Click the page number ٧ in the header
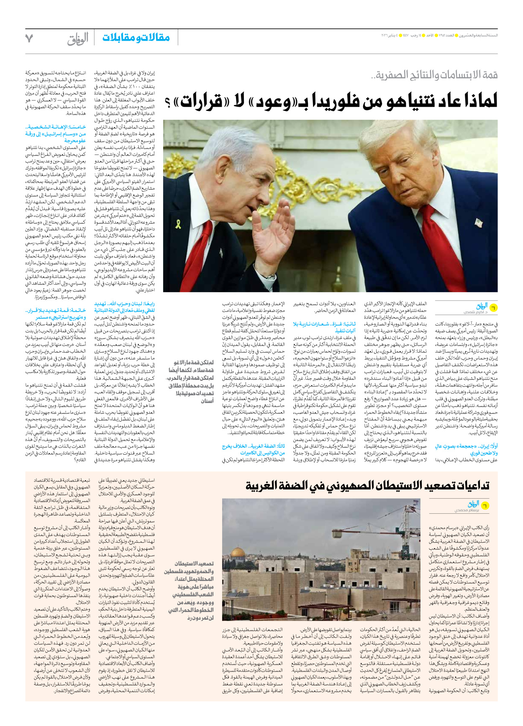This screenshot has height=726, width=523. pos(29,39)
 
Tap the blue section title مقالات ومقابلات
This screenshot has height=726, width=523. pos(136,38)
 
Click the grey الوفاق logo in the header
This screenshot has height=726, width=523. pos(78,39)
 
